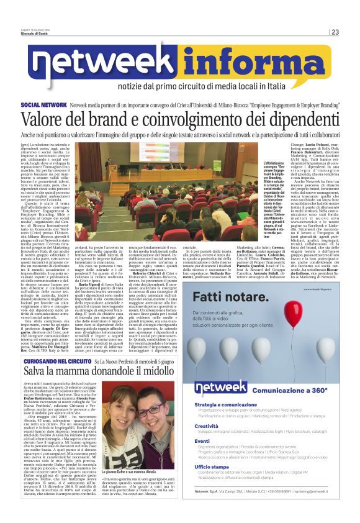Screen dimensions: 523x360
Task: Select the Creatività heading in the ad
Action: tap(210, 426)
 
